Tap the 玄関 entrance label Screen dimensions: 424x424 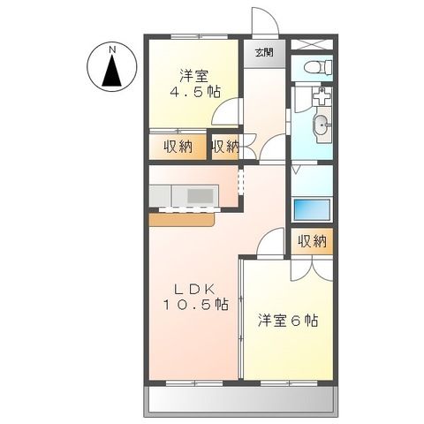pyautogui.click(x=264, y=53)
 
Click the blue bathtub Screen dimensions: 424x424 pyautogui.click(x=310, y=210)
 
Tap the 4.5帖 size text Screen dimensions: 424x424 pyautogui.click(x=195, y=91)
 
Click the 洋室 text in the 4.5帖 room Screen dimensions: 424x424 pyautogui.click(x=195, y=74)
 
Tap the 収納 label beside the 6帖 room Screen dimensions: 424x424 pyautogui.click(x=312, y=240)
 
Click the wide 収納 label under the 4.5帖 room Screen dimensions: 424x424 pyautogui.click(x=178, y=147)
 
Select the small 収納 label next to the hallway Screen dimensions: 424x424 pyautogui.click(x=225, y=147)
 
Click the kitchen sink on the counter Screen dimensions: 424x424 pyautogui.click(x=194, y=193)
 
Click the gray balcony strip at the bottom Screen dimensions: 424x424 pyautogui.click(x=239, y=403)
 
